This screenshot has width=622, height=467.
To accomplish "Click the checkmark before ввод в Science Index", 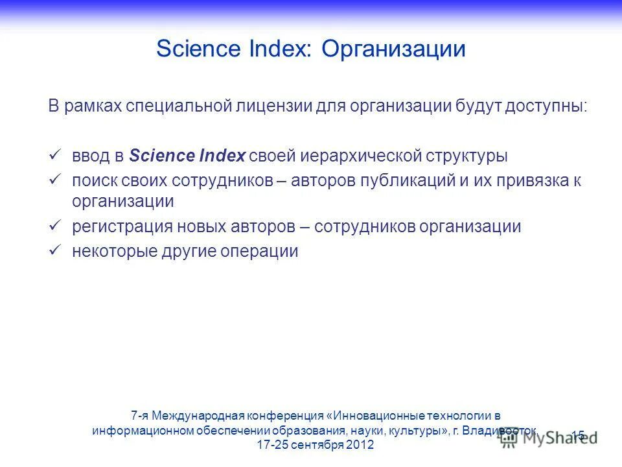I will tap(55, 155).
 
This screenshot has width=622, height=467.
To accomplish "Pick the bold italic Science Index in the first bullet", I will tap(187, 156).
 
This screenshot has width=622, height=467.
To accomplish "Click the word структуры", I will tap(467, 156).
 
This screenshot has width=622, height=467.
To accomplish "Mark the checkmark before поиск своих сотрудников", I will tap(55, 180).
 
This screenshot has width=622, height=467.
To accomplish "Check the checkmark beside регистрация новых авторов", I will tap(55, 226).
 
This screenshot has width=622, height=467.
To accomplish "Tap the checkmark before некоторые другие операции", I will tap(55, 250).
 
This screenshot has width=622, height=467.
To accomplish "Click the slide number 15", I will tap(578, 435).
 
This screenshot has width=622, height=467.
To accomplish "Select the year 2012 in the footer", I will tap(360, 446).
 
